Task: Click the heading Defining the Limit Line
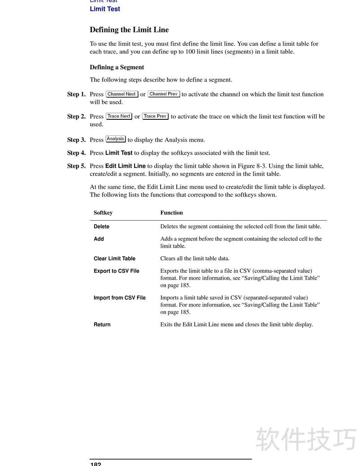129,30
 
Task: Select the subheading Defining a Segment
117,68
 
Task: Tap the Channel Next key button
121,94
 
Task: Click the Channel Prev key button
164,94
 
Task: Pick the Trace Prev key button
155,116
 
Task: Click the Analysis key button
116,139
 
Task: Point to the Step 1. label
76,95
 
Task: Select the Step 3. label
76,140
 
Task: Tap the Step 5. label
76,166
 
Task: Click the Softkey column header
103,213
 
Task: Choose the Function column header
171,213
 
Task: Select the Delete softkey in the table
101,227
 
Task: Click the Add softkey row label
99,239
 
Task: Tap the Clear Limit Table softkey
114,259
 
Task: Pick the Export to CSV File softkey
116,271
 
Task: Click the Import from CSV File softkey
119,298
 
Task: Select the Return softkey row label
102,325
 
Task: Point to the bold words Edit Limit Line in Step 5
125,166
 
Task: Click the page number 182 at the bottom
95,464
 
